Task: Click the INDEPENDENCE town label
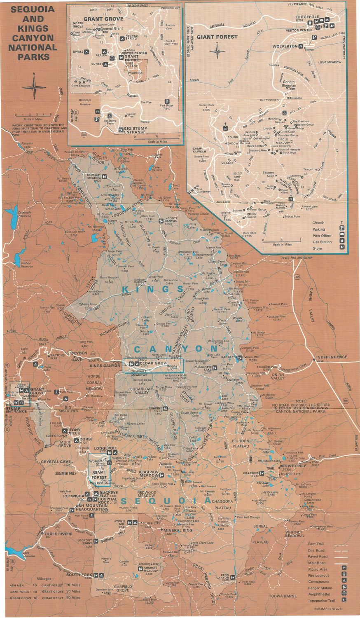point(332,357)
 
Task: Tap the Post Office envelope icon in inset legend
point(341,235)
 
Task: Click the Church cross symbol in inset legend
point(341,223)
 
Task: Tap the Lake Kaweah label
point(29,555)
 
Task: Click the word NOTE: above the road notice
point(302,400)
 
